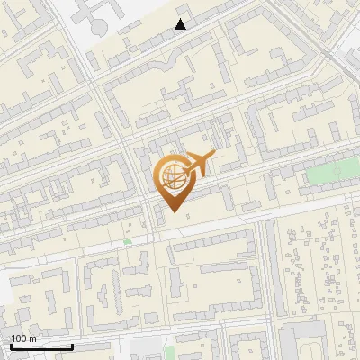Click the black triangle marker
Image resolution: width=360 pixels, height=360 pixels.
pos(181,24)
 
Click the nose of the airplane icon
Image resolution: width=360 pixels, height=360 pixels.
pos(213,157)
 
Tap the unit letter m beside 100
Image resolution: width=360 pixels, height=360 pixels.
pos(33,338)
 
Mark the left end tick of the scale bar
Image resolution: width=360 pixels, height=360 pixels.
pos(12,346)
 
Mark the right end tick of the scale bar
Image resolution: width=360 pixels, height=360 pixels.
pos(71,346)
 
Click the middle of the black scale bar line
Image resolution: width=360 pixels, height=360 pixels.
pos(41,346)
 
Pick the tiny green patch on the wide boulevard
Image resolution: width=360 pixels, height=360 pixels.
pos(128,241)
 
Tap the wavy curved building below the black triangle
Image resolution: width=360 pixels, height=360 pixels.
pos(166,63)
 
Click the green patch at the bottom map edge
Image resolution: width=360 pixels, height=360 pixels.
pos(135,352)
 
